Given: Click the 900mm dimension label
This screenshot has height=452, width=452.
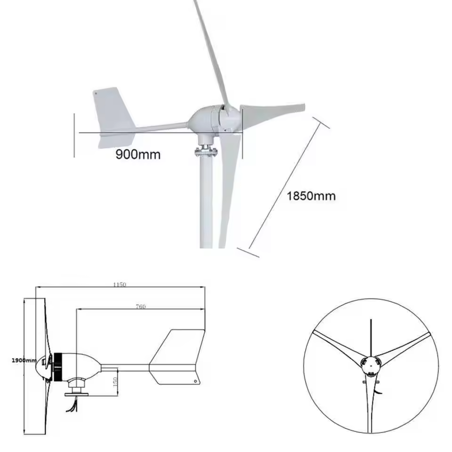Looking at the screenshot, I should pos(138,154).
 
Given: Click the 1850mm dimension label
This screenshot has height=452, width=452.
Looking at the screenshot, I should pos(311,195).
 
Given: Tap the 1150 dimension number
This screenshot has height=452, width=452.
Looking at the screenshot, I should pos(120,284).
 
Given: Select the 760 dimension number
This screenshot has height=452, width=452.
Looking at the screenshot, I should pos(141,307).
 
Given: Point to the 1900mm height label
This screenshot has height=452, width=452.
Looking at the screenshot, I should pos(24,360).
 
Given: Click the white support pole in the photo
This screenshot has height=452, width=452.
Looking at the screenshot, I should pos(206,202).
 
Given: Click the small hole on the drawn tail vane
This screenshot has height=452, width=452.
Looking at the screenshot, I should pos(196,381).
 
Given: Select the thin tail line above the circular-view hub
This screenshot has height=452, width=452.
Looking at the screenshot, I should pos(371,337).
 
